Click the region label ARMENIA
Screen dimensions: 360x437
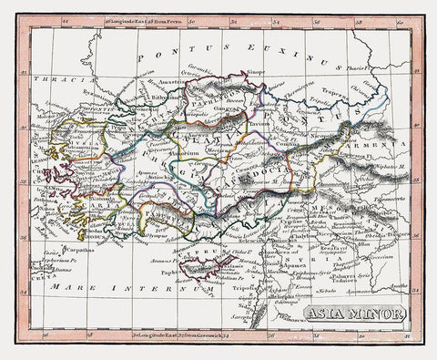point(369,145)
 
